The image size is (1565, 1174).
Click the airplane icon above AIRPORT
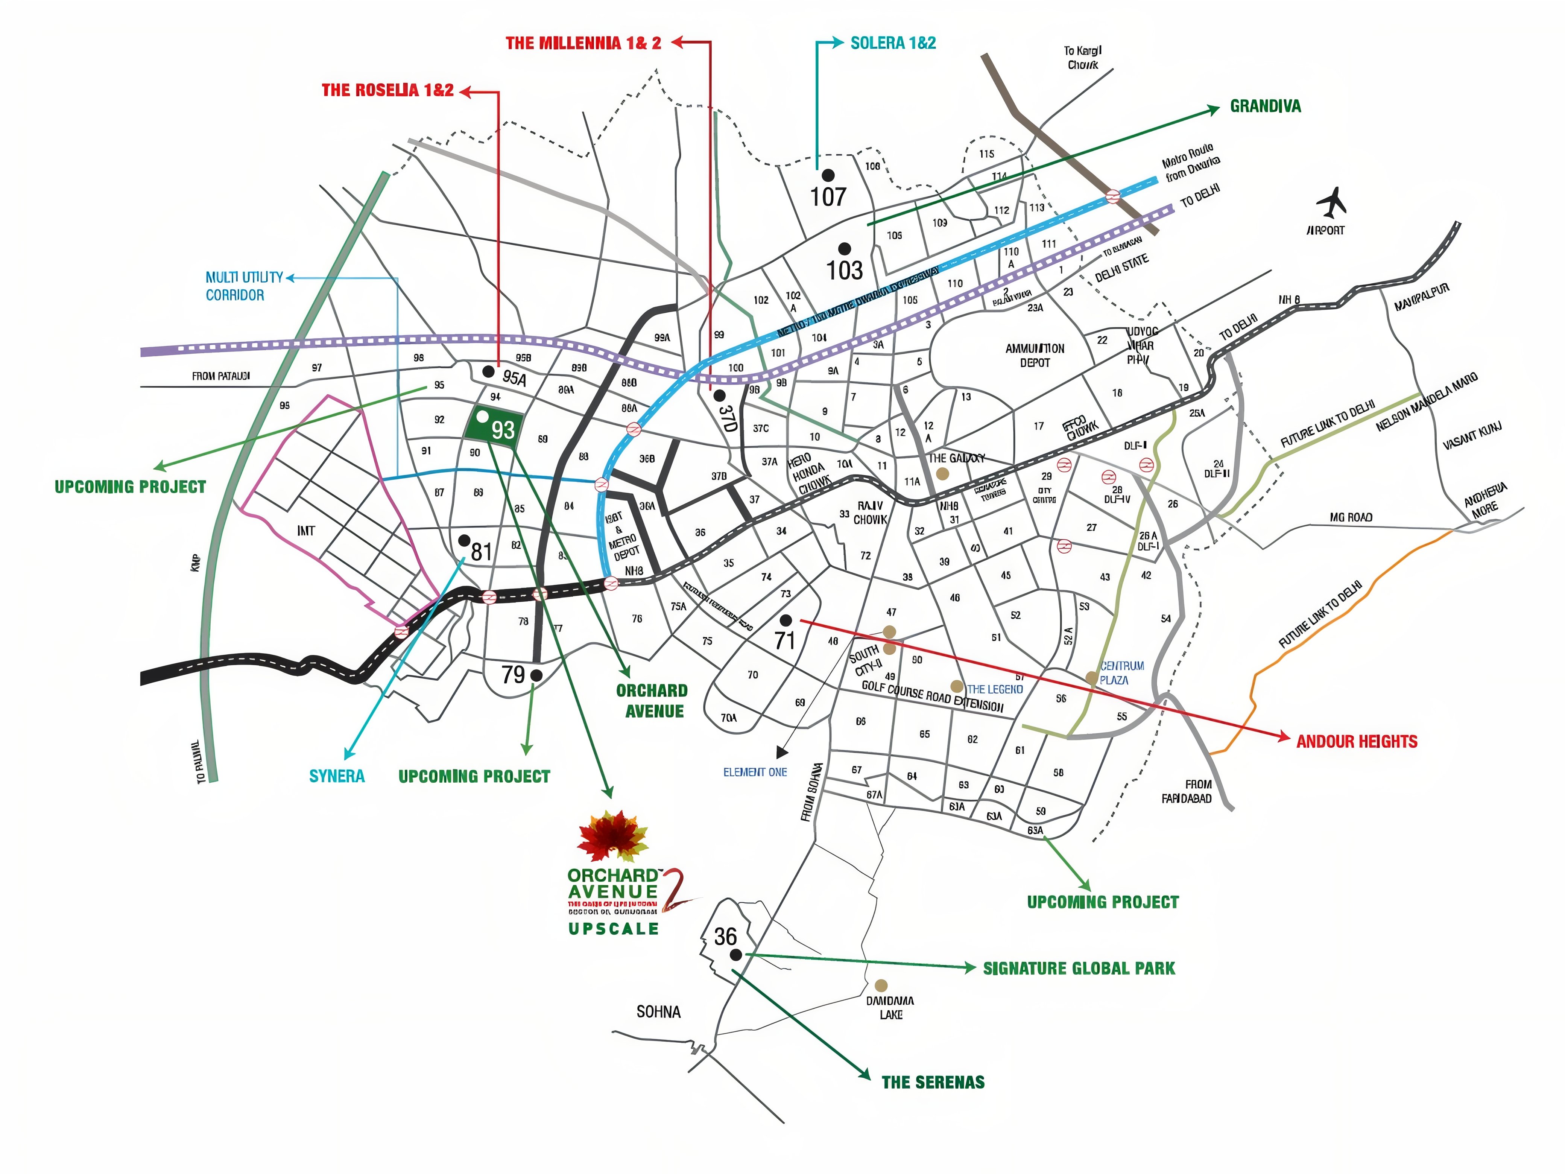(1331, 203)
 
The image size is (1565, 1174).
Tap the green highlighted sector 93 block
(495, 427)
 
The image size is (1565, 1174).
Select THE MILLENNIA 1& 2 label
(583, 43)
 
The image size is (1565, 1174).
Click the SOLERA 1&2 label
(893, 43)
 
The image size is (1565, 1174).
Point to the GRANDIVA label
(1265, 106)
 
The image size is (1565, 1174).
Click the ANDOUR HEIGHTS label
(1356, 742)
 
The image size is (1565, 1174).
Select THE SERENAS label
(933, 1082)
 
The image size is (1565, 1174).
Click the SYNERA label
(337, 776)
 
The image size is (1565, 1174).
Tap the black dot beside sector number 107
(827, 175)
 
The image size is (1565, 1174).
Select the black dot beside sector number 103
(844, 248)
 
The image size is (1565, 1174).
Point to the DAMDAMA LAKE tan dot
(881, 985)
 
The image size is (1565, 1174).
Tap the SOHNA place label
(658, 1012)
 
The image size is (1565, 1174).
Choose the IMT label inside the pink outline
(305, 531)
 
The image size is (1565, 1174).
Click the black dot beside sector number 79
(536, 675)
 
